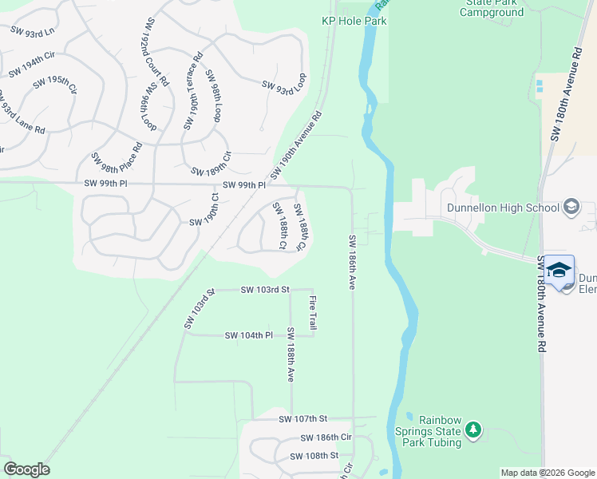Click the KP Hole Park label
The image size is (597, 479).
[354, 21]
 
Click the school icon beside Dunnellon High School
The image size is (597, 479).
[571, 208]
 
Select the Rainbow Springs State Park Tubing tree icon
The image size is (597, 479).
[473, 431]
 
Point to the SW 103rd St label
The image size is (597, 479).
[264, 290]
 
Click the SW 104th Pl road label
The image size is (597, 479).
[249, 335]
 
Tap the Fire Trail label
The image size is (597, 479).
[313, 312]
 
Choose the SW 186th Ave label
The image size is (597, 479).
[351, 262]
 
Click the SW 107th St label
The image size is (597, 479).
[303, 418]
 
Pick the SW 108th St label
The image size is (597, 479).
[314, 455]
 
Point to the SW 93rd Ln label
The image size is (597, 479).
[32, 30]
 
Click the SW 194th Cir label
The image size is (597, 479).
[32, 65]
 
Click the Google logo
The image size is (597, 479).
[26, 469]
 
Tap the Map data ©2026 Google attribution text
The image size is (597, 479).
[547, 473]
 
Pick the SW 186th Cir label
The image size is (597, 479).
[326, 437]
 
